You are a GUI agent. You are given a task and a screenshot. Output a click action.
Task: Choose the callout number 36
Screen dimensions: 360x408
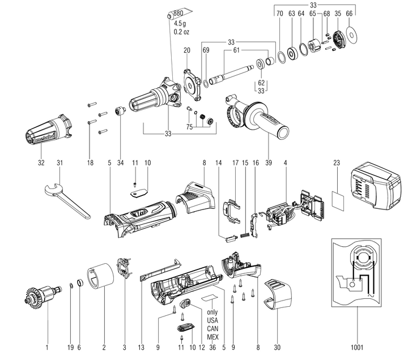pos(212,345)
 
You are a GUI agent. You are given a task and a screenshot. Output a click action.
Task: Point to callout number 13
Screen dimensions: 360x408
pos(141,345)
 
